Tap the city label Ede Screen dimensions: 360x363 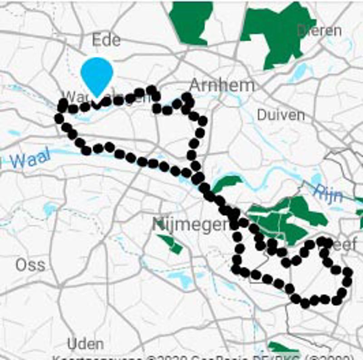coord(106,40)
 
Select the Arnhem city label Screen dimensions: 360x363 coord(222,85)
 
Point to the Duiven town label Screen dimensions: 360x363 coord(281,115)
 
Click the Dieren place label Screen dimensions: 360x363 coord(319,31)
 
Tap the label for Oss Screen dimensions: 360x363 coord(30,265)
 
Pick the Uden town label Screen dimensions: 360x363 coord(85,344)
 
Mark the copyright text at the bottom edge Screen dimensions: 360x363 coord(204,356)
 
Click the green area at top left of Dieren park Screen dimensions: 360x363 coord(191,20)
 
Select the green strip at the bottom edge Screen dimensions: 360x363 coord(284,349)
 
